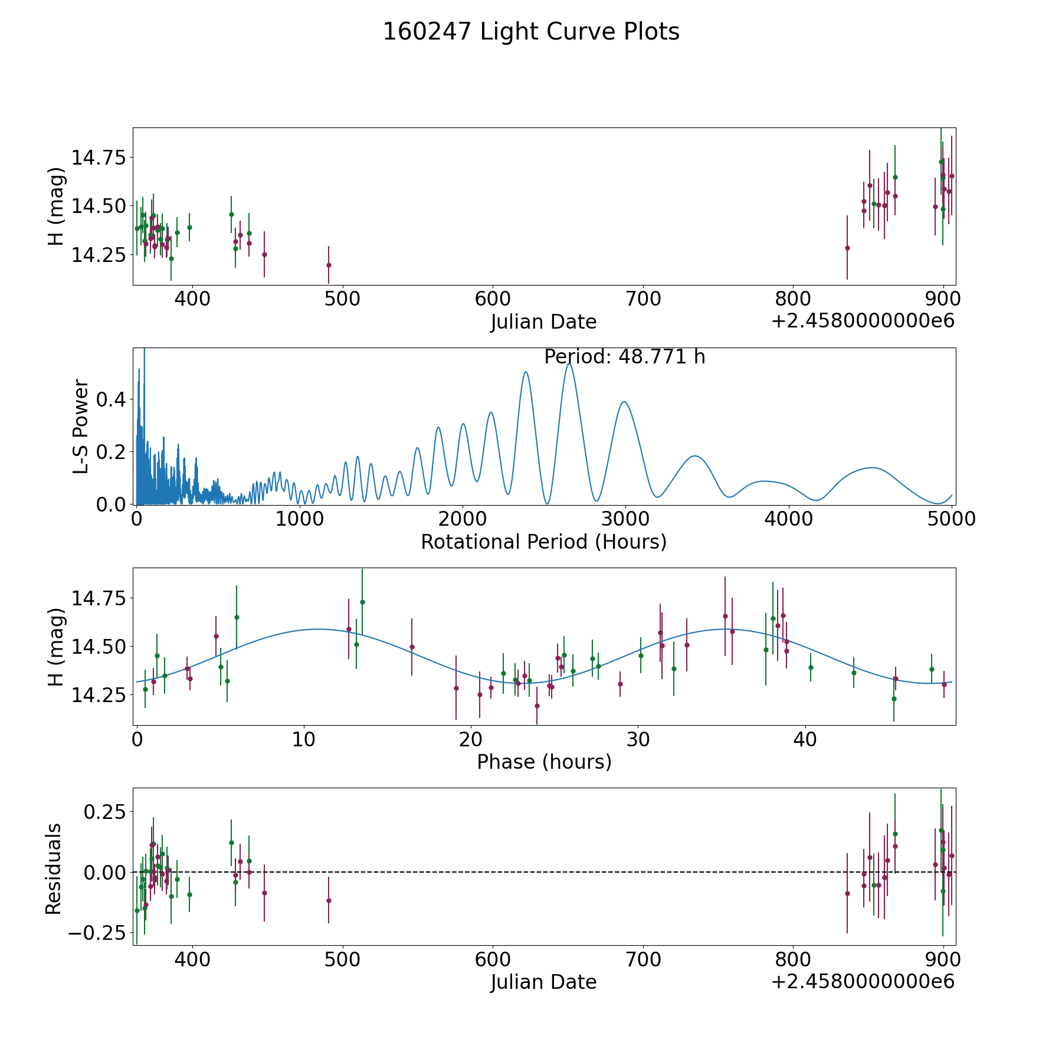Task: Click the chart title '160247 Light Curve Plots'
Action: [x=531, y=32]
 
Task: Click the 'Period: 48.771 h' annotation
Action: [x=625, y=357]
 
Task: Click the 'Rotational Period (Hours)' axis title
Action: [x=543, y=542]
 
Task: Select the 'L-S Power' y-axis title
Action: [x=81, y=426]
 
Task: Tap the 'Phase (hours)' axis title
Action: [x=544, y=762]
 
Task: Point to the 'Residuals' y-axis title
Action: [x=54, y=868]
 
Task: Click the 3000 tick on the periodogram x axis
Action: [x=625, y=519]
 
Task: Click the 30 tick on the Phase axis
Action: [x=638, y=739]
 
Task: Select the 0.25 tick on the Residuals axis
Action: [x=104, y=812]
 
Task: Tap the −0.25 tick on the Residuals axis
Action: [x=97, y=933]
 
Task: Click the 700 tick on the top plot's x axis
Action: [x=643, y=299]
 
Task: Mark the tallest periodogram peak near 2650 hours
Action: [x=569, y=363]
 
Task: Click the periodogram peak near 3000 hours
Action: [x=624, y=402]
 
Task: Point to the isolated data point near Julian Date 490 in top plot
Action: [x=329, y=265]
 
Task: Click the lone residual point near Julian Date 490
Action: [x=329, y=900]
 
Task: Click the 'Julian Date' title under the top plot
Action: [x=543, y=322]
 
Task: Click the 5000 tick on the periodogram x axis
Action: [x=952, y=519]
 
